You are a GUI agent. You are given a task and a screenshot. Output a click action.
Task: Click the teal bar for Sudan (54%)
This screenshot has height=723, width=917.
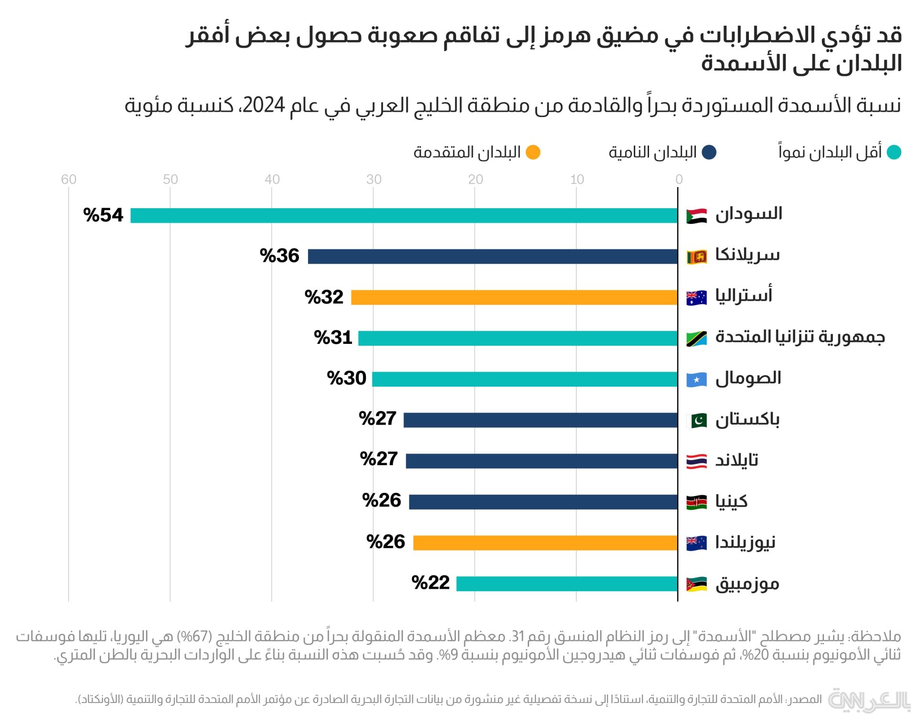[x=404, y=215]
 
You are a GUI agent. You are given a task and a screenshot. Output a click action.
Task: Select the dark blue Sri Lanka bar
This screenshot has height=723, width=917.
[x=493, y=256]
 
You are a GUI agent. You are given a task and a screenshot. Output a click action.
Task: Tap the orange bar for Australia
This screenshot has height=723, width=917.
[x=514, y=297]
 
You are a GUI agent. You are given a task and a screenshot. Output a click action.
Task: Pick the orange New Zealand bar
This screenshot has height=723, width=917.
[x=545, y=542]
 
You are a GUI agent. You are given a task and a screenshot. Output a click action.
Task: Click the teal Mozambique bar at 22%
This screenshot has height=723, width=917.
[x=567, y=584]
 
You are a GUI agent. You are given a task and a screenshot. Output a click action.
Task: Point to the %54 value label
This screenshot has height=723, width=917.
[x=103, y=215]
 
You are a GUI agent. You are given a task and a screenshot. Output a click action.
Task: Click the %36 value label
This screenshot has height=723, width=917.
[x=279, y=256]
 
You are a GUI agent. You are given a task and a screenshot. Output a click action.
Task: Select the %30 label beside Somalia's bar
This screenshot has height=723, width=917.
[x=346, y=378]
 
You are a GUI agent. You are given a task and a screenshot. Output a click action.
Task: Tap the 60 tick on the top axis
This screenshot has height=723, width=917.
[x=69, y=180]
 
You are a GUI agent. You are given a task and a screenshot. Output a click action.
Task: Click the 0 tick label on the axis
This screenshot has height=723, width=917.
[x=679, y=180]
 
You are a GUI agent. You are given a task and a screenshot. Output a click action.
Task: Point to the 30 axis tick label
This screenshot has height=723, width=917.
[x=373, y=180]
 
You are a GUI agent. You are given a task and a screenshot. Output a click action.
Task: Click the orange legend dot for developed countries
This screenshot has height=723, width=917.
[x=533, y=152]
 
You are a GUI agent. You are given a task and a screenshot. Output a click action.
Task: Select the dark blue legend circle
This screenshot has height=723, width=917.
[x=709, y=152]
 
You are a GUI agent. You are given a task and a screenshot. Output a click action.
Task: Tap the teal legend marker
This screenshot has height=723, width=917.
[x=894, y=152]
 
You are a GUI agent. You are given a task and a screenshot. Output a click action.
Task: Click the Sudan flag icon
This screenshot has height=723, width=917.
[x=696, y=216]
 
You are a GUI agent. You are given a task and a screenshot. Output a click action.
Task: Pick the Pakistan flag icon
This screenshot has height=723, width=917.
[x=696, y=421]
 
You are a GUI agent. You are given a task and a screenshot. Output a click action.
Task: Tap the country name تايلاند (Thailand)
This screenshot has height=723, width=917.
[x=736, y=460]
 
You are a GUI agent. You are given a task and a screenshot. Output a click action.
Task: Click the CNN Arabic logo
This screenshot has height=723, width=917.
[x=869, y=701]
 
